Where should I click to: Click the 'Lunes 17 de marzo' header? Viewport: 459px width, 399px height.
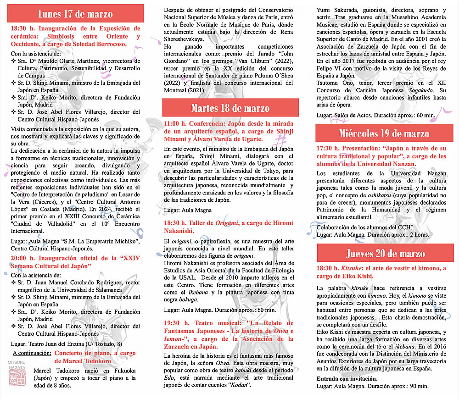75,14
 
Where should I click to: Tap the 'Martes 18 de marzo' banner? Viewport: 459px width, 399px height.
230,109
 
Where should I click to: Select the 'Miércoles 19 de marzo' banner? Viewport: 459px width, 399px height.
384,133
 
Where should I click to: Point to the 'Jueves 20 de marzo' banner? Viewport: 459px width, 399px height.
386,254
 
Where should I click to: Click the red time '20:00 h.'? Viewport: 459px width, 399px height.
23,258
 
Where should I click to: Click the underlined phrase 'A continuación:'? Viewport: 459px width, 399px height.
32,353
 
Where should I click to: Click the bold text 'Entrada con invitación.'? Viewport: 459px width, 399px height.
347,379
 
